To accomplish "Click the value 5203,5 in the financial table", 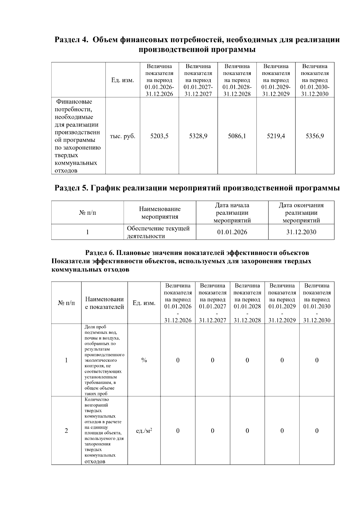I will (159, 136).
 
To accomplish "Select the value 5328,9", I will (198, 136).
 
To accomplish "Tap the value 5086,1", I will (237, 136).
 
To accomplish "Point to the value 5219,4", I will (276, 136).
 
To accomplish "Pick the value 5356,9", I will (315, 136).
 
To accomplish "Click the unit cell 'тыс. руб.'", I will (123, 136).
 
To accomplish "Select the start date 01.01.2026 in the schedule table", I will (232, 232).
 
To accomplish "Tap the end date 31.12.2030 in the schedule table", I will (301, 232).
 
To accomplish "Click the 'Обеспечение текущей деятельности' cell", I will (158, 232).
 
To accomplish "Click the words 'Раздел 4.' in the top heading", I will (72, 40).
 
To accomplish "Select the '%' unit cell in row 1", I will (144, 360).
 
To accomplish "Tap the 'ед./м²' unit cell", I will (144, 431).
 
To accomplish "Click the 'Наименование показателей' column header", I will (104, 303).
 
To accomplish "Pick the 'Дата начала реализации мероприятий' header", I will (232, 213).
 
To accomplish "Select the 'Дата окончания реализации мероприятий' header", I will (301, 213).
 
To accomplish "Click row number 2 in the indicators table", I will (66, 431).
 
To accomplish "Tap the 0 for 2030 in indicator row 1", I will (317, 360).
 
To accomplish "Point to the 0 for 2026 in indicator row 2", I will (178, 431).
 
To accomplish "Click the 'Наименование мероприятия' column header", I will (160, 213).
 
